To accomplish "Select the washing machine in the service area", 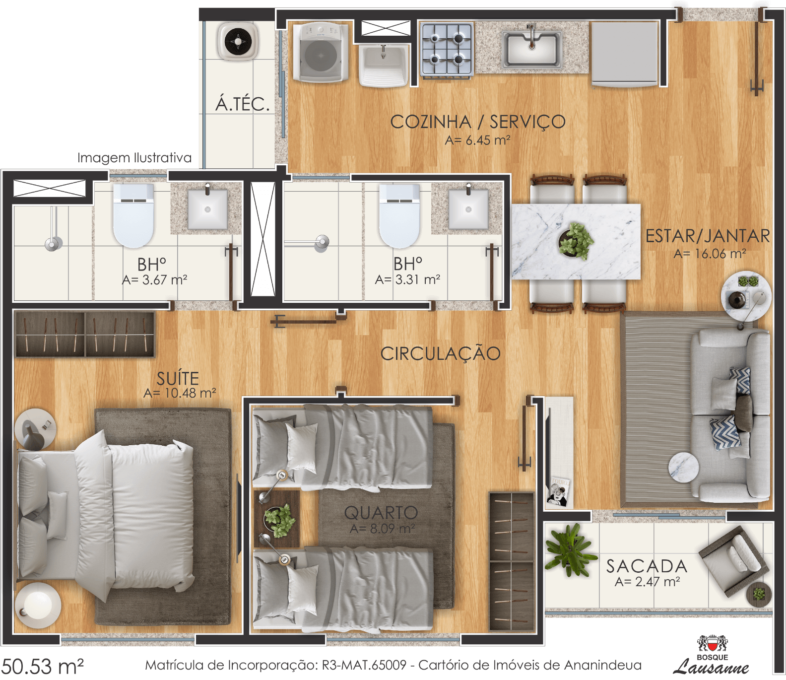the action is tap(320, 52).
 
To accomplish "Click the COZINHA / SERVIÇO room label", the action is tap(478, 122).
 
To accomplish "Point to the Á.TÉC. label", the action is tap(243, 104).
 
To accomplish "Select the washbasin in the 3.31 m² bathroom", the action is tap(468, 209).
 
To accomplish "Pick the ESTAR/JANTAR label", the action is tap(708, 236).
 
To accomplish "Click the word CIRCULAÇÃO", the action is tap(441, 353).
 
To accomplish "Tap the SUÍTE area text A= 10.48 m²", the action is tap(180, 393).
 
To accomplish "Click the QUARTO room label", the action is tap(381, 512).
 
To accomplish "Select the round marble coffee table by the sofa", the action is tap(683, 467).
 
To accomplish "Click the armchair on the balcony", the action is tap(733, 561).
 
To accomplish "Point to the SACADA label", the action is tap(647, 566).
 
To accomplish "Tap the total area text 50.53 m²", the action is tap(43, 666).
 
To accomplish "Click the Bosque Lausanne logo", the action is tap(713, 655).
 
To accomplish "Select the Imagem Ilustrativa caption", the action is tap(134, 158).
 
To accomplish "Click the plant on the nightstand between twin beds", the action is tap(279, 521).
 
